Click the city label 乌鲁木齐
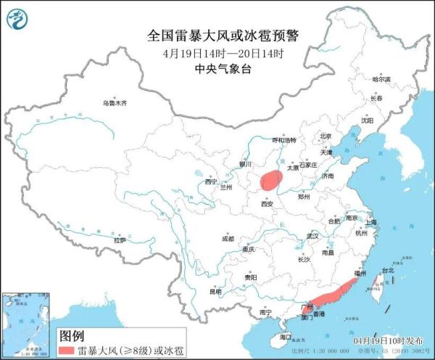pos(114,103)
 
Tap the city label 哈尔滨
pos(381,78)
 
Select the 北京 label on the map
pos(326,136)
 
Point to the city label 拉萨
pos(120,240)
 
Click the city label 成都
pos(228,238)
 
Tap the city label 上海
pos(371,222)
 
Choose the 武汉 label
pos(312,236)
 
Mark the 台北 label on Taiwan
pos(386,271)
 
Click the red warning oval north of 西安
pos(270,180)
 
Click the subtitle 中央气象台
pos(217,69)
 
